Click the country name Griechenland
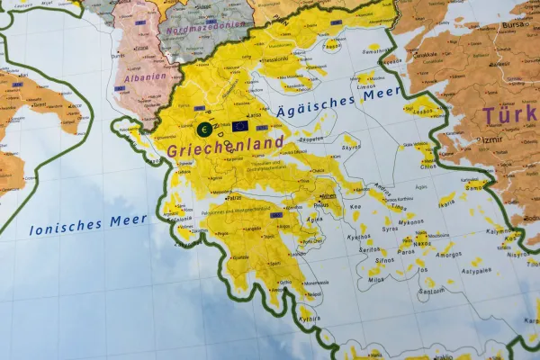click(224, 143)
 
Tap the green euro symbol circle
click(204, 130)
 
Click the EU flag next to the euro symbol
click(239, 127)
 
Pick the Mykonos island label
click(410, 221)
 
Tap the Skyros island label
click(352, 145)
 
